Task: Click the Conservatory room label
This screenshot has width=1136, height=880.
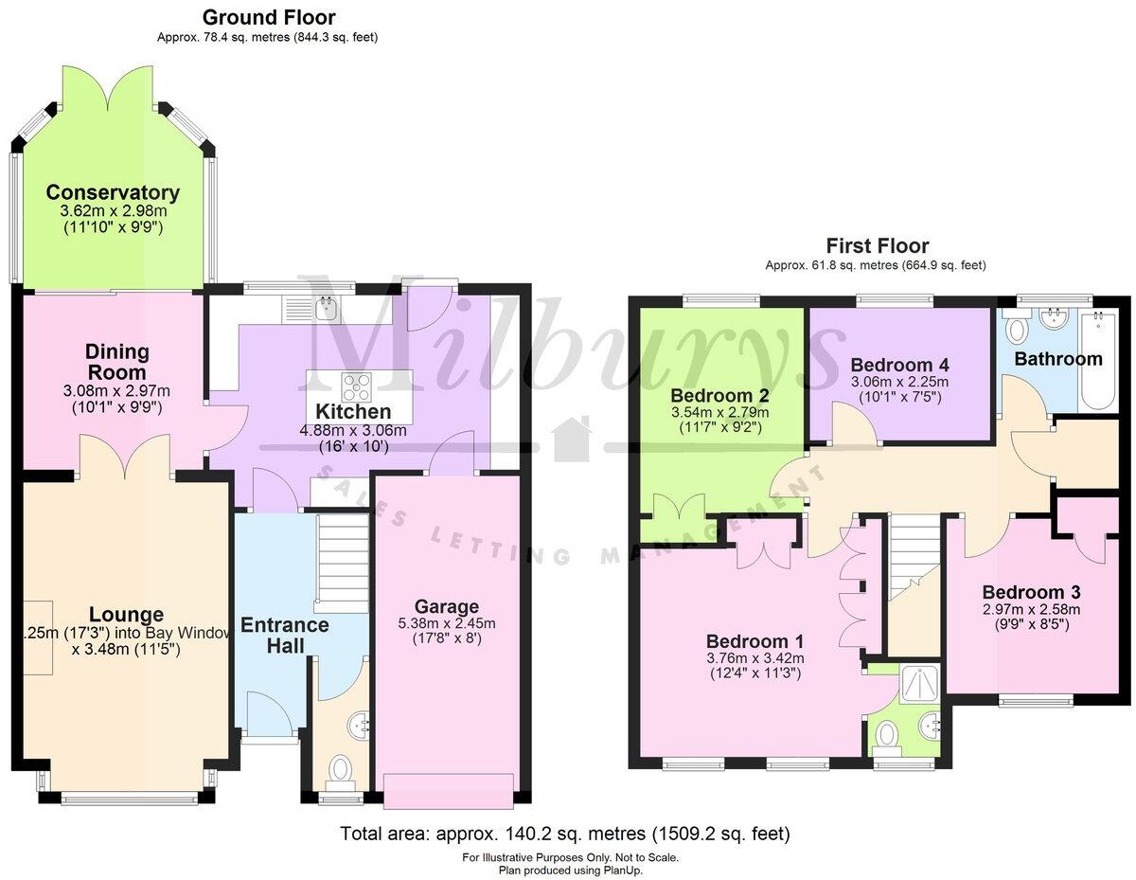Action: [113, 192]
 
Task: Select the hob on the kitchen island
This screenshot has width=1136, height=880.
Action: [358, 386]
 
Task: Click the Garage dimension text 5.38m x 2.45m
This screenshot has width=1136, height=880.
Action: [446, 623]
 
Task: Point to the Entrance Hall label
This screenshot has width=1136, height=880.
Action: [284, 636]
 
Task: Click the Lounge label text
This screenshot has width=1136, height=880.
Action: [126, 615]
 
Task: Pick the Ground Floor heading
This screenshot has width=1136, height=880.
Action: [269, 17]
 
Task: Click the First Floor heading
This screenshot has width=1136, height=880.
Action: [878, 246]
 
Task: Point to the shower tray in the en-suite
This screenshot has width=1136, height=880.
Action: [916, 680]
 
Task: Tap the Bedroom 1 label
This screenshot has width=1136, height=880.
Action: [754, 641]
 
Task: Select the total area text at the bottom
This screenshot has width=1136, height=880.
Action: [564, 835]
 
